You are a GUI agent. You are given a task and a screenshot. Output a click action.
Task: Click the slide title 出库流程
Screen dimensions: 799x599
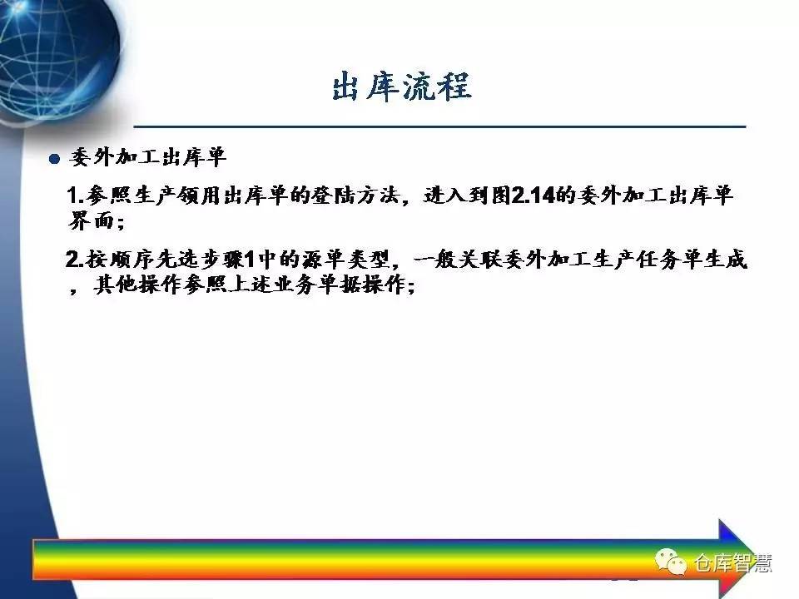point(401,86)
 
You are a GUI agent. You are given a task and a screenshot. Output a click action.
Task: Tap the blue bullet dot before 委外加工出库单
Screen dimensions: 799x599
point(55,159)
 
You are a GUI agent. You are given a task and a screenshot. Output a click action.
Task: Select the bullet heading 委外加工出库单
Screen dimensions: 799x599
point(148,157)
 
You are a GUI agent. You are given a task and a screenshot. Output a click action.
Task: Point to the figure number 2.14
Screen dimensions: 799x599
point(533,195)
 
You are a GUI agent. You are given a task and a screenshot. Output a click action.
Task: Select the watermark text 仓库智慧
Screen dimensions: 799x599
point(732,563)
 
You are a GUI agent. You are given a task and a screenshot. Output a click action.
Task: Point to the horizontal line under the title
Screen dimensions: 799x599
point(439,126)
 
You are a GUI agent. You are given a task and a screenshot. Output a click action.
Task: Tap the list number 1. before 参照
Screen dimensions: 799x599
point(75,196)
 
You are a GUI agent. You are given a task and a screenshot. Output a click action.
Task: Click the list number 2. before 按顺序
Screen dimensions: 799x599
point(74,260)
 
